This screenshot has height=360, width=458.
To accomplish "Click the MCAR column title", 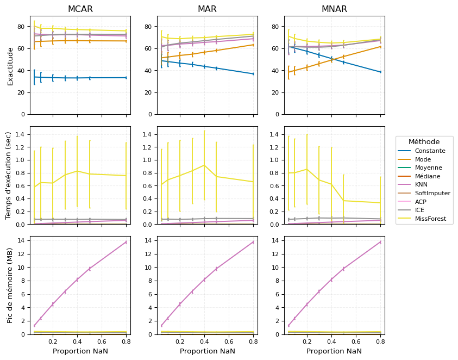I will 80,9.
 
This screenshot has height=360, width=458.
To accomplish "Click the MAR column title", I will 207,9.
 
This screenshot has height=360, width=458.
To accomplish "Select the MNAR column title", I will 334,9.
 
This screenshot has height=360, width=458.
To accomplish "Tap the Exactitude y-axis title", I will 10,66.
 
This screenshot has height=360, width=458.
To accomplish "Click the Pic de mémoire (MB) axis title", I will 10,285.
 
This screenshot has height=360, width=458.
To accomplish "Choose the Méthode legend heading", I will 424,142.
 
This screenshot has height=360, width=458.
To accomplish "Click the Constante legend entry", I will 430,151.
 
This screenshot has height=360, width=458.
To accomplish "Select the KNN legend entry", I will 422,185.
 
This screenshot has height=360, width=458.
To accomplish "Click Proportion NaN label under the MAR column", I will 207,351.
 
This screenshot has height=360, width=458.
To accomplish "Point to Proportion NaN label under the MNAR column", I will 334,351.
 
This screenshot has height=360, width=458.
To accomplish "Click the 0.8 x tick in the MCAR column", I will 126,342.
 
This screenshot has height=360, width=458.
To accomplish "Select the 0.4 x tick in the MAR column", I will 204,342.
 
